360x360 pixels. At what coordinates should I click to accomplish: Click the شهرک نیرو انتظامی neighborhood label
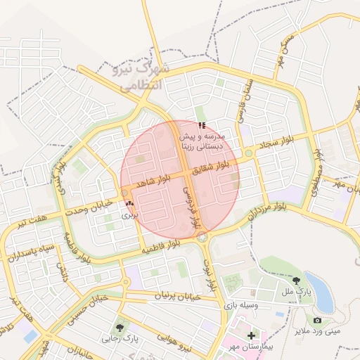pyautogui.click(x=141, y=77)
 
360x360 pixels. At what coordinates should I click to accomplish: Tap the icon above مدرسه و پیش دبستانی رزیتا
pyautogui.click(x=202, y=125)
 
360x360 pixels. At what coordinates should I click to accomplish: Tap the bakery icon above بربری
pyautogui.click(x=129, y=204)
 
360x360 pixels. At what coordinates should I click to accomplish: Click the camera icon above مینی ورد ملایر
pyautogui.click(x=317, y=320)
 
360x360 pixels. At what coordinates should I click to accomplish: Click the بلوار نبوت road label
pyautogui.click(x=209, y=274)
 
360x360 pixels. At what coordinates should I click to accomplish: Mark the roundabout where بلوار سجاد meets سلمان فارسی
pyautogui.click(x=248, y=153)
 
